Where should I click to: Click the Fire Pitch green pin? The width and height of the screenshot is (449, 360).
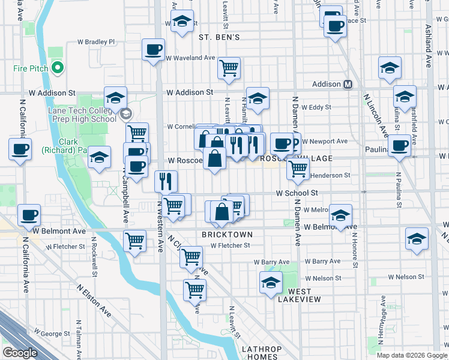pyautogui.click(x=58, y=68)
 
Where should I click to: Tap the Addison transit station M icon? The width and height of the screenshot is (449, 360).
pyautogui.click(x=348, y=85)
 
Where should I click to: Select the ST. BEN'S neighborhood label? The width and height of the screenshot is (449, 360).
pyautogui.click(x=219, y=37)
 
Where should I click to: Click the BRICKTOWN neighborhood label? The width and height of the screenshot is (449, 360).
pyautogui.click(x=227, y=234)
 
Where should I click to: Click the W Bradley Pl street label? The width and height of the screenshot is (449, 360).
pyautogui.click(x=96, y=43)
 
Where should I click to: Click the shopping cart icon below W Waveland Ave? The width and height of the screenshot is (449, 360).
pyautogui.click(x=229, y=68)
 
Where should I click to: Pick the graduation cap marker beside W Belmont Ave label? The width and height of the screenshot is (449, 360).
pyautogui.click(x=340, y=215)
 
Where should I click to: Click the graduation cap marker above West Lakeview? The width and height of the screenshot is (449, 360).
pyautogui.click(x=271, y=283)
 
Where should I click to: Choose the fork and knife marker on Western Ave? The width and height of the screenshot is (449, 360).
pyautogui.click(x=166, y=180)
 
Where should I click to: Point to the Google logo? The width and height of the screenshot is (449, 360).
pyautogui.click(x=19, y=353)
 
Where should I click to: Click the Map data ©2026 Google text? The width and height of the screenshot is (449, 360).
pyautogui.click(x=412, y=355)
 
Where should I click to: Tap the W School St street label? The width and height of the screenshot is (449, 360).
pyautogui.click(x=297, y=193)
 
